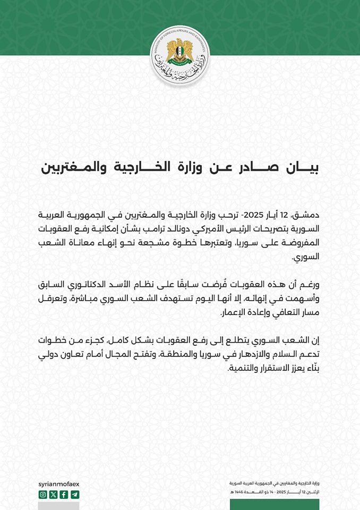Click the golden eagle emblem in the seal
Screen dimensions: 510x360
click(179, 50)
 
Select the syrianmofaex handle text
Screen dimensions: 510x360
click(58, 484)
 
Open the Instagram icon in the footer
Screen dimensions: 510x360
click(43, 495)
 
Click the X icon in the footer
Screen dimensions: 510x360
click(53, 495)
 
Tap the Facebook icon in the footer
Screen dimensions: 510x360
click(64, 495)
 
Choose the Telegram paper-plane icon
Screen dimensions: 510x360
click(74, 495)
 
